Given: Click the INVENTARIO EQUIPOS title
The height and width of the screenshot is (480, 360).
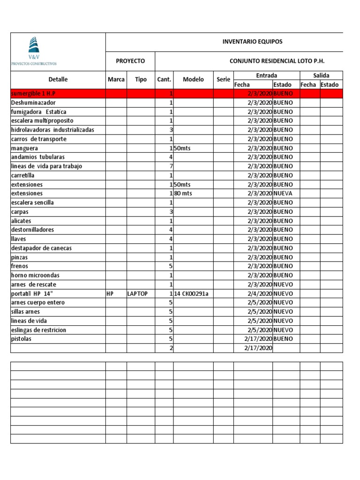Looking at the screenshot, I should click(252, 42).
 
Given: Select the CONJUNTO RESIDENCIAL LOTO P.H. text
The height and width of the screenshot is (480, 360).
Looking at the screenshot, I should click(277, 61).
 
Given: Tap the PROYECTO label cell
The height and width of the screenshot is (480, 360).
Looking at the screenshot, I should click(130, 61).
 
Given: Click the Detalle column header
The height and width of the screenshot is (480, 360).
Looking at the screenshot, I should click(58, 80).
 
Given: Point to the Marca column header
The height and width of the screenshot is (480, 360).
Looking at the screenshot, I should click(116, 80).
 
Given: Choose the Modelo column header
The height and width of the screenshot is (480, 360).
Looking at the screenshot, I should click(193, 80).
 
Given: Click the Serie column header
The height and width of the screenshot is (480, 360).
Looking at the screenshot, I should click(223, 80).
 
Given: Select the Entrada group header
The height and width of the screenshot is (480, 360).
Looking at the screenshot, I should click(266, 75).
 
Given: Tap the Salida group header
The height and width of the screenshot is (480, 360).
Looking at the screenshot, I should click(321, 75).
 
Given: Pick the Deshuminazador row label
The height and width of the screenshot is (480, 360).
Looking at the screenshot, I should click(33, 103).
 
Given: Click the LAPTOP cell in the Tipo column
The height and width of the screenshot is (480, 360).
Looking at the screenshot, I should click(137, 293).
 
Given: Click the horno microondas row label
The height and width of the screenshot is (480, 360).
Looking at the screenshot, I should click(35, 275).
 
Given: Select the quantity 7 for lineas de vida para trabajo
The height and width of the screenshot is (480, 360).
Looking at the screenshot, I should click(171, 166).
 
